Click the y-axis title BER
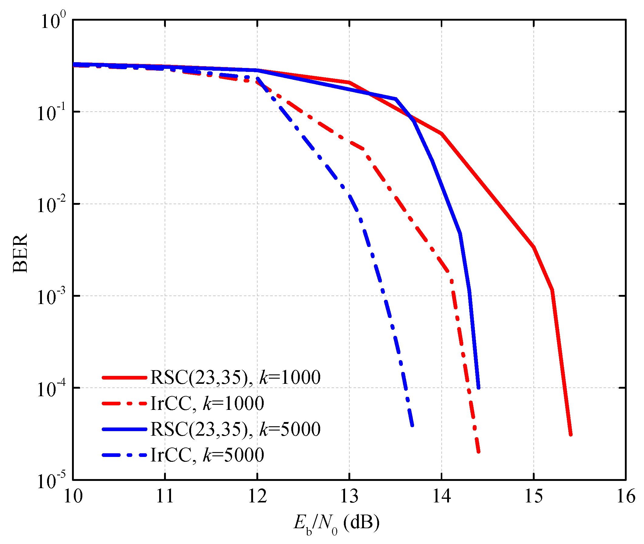coord(20,253)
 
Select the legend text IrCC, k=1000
coord(207,404)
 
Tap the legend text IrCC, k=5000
coord(207,455)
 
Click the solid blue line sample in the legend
coord(124,429)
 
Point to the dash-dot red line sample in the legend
coord(124,404)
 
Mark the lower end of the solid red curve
coord(570,435)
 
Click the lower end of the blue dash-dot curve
coord(412,426)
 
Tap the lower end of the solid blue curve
coord(478,388)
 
